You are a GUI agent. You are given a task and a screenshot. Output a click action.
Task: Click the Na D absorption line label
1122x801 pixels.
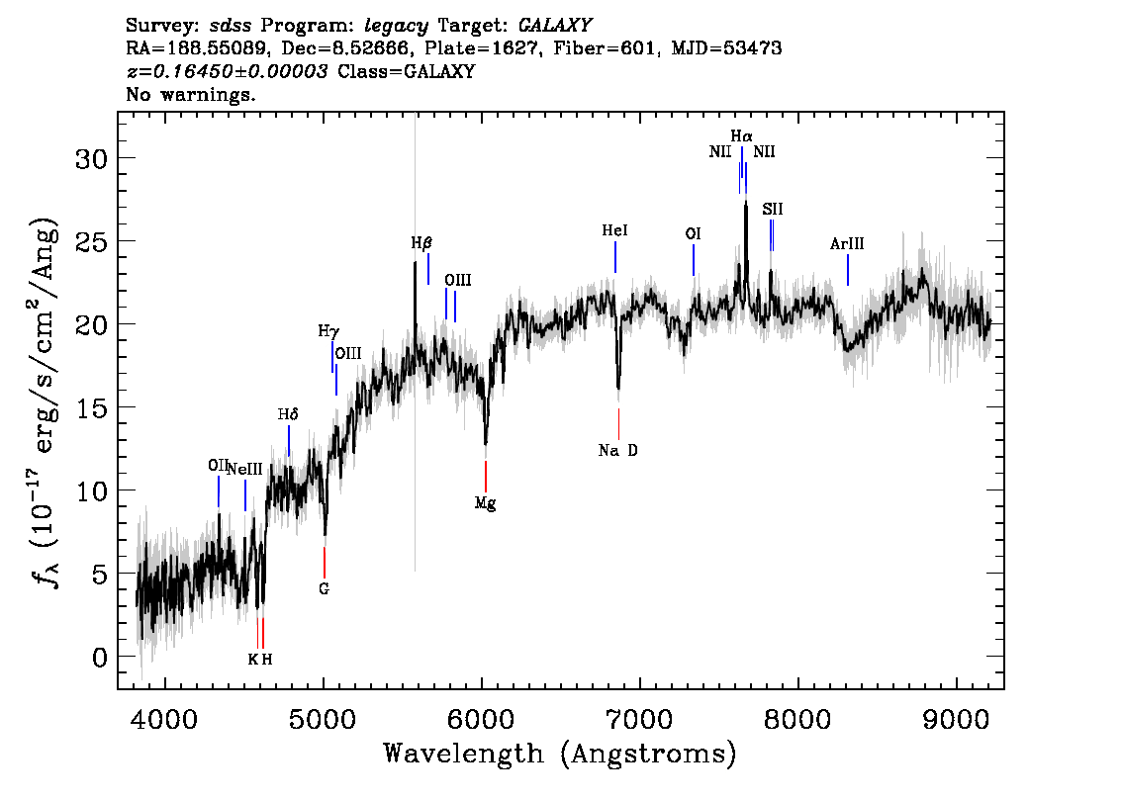618,451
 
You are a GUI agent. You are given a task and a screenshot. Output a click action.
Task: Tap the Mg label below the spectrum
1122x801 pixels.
485,503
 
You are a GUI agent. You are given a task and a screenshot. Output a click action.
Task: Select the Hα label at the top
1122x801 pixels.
741,135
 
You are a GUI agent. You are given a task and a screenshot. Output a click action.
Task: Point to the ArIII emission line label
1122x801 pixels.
847,244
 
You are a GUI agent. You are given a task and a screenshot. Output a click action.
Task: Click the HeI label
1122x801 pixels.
614,230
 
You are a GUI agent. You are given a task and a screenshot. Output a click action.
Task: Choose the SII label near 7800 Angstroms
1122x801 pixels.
772,209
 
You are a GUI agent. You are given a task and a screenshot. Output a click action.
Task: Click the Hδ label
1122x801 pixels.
288,414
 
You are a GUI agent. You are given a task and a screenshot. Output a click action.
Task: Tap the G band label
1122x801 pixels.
325,589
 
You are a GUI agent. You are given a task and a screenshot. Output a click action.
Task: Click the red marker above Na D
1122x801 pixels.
619,424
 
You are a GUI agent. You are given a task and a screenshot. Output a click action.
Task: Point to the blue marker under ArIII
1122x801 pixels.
848,270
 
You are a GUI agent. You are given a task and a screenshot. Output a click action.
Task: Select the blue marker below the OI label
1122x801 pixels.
694,260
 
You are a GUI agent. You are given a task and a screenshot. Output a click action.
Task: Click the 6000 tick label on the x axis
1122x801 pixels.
482,720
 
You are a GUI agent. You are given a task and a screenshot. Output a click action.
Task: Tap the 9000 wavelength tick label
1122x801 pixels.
956,720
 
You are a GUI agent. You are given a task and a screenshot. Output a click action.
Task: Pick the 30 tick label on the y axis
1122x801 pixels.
92,159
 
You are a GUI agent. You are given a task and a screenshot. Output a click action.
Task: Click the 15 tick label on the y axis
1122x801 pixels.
92,408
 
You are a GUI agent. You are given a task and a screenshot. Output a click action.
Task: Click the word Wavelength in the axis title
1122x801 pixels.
464,754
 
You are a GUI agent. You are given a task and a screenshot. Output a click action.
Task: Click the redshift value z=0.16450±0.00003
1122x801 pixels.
228,71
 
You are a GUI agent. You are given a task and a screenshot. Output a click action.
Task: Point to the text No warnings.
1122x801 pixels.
190,94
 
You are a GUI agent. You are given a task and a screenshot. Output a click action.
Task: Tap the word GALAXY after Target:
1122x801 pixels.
554,26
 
